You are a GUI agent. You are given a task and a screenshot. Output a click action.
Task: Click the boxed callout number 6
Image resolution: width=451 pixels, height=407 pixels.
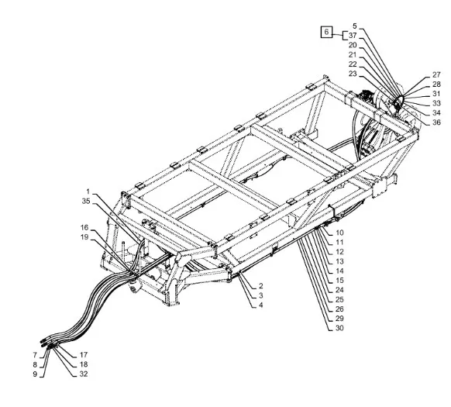coord(326,32)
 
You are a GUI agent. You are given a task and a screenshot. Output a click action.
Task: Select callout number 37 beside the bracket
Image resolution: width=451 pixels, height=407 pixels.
coord(353,36)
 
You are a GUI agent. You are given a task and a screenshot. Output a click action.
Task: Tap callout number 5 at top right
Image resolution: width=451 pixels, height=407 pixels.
coord(355,26)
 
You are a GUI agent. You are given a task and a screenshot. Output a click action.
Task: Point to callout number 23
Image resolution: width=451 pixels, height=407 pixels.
coord(353,74)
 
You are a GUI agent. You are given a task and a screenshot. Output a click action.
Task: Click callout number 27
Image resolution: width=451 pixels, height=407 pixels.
coord(436,74)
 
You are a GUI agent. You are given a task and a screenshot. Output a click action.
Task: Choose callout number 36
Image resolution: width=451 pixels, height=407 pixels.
coord(436,122)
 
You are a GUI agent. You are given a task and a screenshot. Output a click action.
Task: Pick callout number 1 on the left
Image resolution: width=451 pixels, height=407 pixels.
coord(88,191)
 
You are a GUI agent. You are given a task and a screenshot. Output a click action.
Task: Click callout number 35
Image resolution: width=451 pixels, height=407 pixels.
coord(86,202)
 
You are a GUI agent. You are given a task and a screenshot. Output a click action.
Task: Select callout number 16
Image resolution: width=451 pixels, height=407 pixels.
coord(84,228)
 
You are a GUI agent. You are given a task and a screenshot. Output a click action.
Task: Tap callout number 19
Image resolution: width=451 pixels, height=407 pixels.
coord(84,237)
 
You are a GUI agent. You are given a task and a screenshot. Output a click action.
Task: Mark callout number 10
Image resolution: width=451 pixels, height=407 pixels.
coord(339,233)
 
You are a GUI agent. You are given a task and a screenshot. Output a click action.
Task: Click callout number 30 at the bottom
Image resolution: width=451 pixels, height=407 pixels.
coord(339,328)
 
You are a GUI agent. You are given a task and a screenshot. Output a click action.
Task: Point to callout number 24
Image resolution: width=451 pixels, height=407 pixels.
coord(339,290)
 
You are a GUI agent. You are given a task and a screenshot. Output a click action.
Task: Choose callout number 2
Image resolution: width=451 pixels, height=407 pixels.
coord(260,286)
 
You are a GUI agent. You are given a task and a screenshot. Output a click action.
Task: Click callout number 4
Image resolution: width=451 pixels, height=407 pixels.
coord(260,305)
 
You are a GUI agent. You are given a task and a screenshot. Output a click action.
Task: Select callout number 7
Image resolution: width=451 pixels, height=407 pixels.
coord(35,355)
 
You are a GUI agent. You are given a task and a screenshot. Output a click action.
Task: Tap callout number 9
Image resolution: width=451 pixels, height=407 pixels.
coord(35,374)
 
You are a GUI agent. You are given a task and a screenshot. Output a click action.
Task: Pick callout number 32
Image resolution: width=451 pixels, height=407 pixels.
coord(84,374)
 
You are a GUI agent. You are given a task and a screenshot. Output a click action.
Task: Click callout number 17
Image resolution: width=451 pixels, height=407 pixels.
coord(84,355)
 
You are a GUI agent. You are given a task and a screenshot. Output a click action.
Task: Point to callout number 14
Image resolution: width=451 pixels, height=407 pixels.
coord(339,271)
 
